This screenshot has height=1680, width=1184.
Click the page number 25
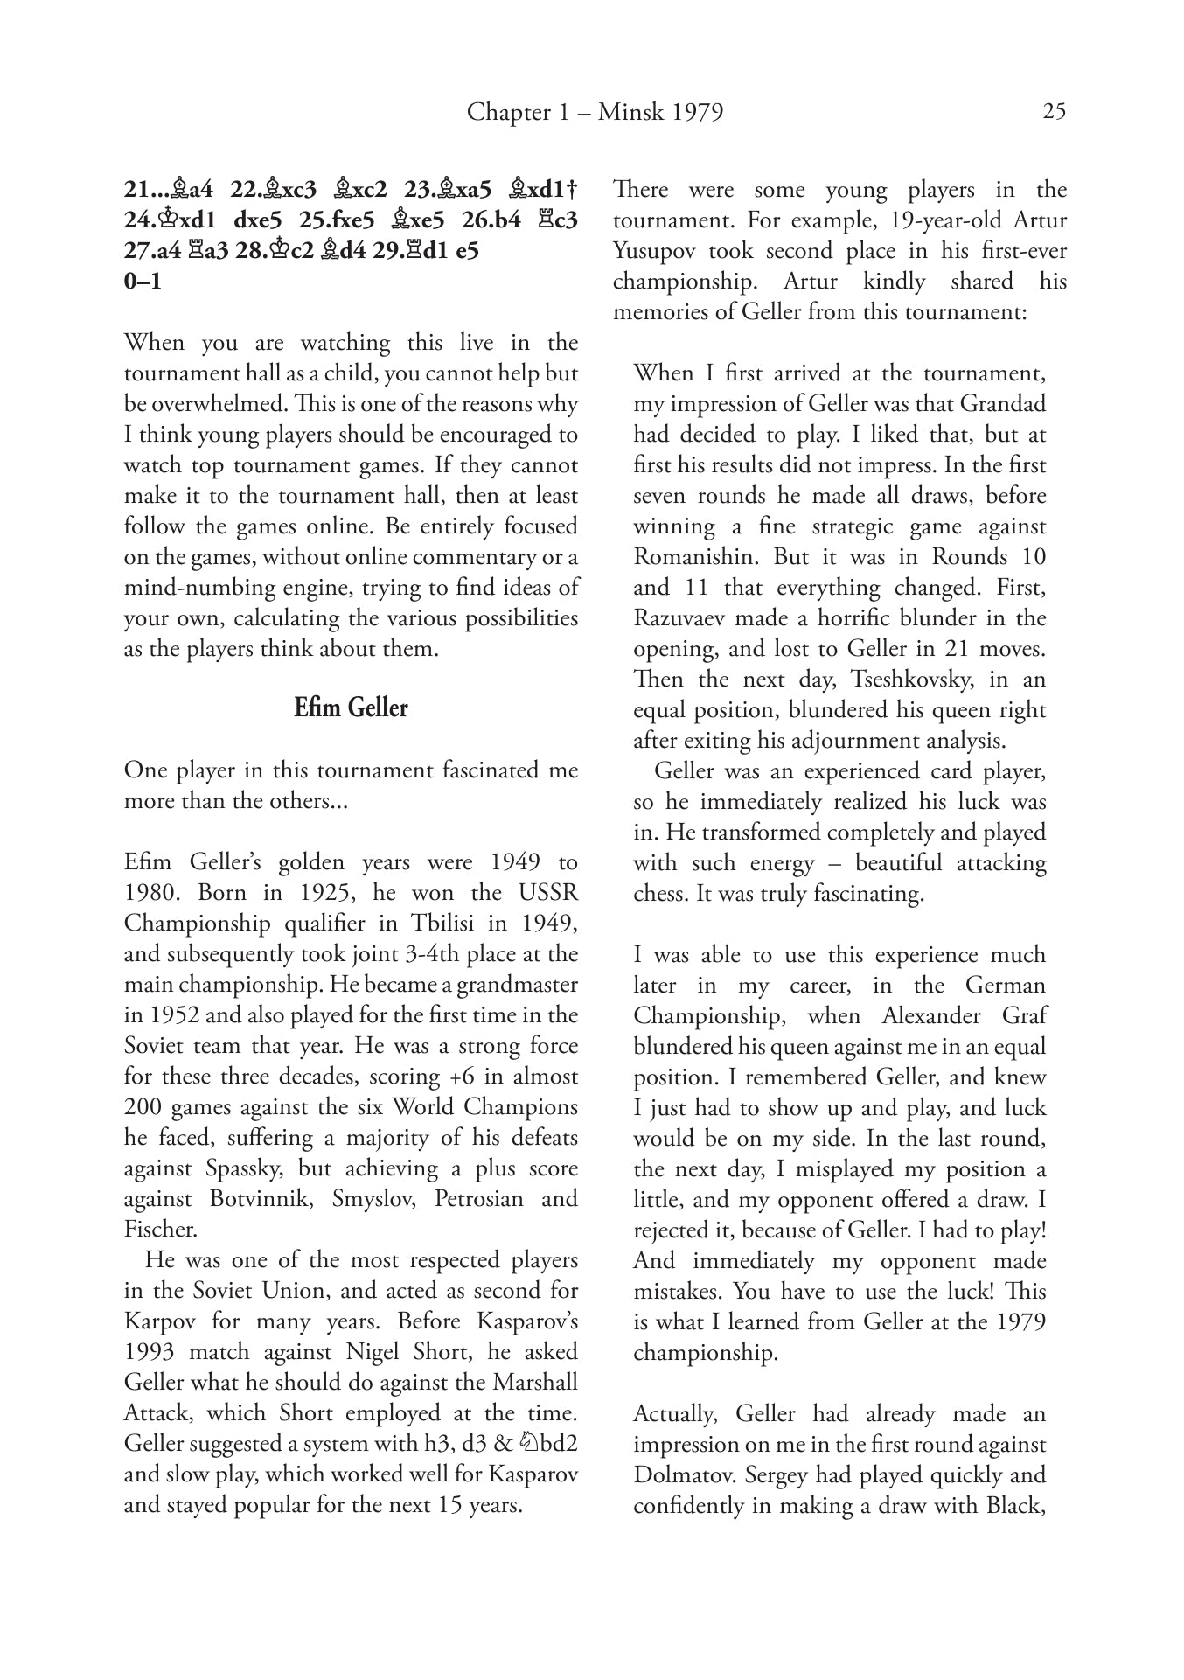pyautogui.click(x=1054, y=112)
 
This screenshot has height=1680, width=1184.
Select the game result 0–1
pyautogui.click(x=143, y=282)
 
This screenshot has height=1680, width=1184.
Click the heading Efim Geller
pyautogui.click(x=351, y=708)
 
